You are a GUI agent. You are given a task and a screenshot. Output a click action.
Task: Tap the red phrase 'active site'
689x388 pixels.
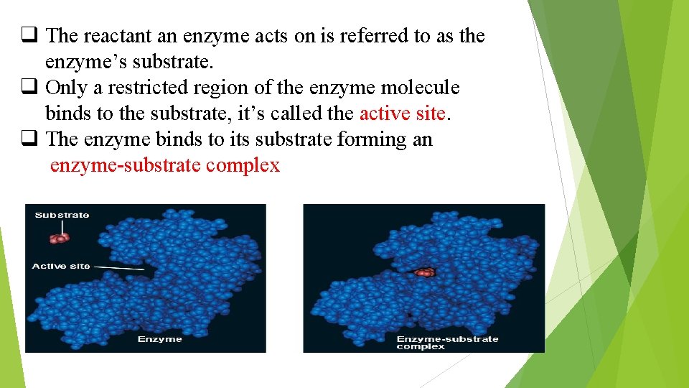point(403,114)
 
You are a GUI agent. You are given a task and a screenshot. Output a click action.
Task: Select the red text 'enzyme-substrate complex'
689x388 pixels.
point(165,165)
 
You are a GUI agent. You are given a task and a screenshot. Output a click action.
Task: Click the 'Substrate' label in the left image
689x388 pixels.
point(62,215)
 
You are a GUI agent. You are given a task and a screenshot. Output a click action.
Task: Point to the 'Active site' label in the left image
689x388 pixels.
point(61,267)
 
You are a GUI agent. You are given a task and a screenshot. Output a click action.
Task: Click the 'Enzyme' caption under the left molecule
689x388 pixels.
point(159,339)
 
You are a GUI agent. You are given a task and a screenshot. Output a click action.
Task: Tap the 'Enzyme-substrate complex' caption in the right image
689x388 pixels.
point(447,343)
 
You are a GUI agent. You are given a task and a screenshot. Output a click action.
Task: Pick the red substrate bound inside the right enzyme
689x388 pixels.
point(425,272)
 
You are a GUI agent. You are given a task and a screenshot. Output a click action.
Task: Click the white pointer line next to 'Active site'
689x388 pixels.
point(119,268)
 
